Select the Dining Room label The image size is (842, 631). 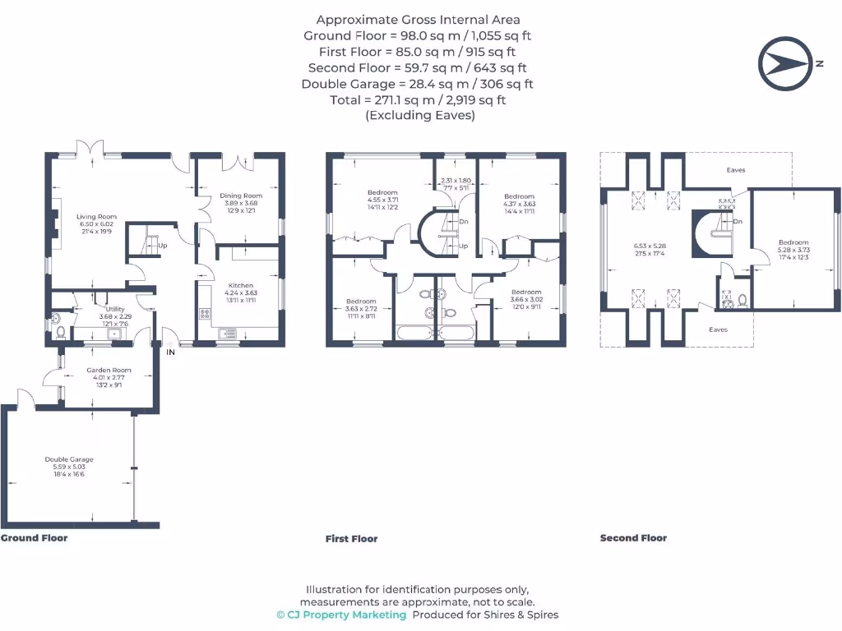241,196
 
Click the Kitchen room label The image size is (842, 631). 240,285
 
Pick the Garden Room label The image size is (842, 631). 109,371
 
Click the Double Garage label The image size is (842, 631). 69,459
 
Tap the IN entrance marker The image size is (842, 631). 171,352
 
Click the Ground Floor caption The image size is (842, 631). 34,538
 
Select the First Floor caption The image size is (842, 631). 351,539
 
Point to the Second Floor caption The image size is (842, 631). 633,538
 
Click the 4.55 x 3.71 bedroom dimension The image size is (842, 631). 382,200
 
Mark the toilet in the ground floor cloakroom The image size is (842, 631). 59,332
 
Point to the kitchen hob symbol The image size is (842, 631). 204,315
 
